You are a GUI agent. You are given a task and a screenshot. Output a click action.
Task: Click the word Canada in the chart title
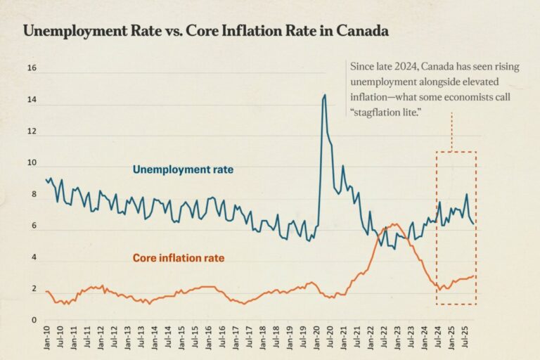click(358, 32)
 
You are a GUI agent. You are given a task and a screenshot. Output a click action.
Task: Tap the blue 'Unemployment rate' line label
click(183, 169)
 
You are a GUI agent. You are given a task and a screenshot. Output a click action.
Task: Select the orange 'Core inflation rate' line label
click(179, 258)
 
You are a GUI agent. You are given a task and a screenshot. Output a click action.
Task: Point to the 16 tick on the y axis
click(31, 68)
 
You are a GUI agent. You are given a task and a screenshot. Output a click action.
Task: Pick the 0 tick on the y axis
click(33, 321)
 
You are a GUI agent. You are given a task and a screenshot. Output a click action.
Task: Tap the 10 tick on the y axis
click(31, 163)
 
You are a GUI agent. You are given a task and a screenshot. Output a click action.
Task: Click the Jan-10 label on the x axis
click(46, 340)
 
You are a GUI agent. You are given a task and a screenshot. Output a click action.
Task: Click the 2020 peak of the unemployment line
click(324, 95)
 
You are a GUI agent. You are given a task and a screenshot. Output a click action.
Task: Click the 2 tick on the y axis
click(33, 289)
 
